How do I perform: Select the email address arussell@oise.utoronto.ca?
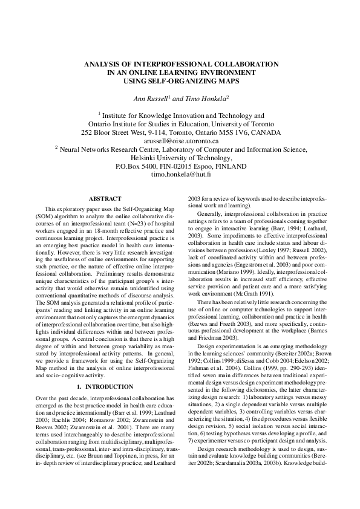180,140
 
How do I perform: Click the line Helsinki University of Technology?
180,157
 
